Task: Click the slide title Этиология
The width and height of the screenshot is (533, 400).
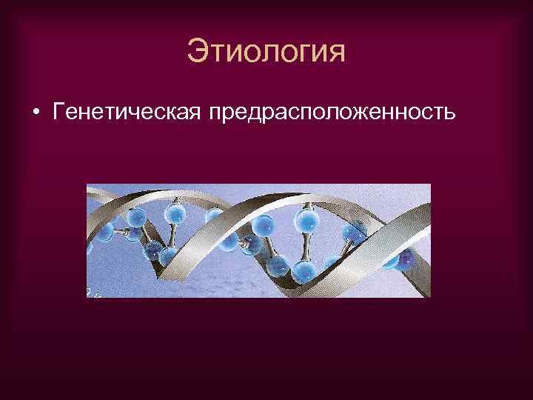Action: [x=266, y=53]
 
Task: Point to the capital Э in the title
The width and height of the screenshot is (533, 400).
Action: [x=198, y=52]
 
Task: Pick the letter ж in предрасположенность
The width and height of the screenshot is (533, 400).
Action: [x=369, y=115]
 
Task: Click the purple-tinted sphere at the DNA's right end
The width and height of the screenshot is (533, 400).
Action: [x=406, y=259]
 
